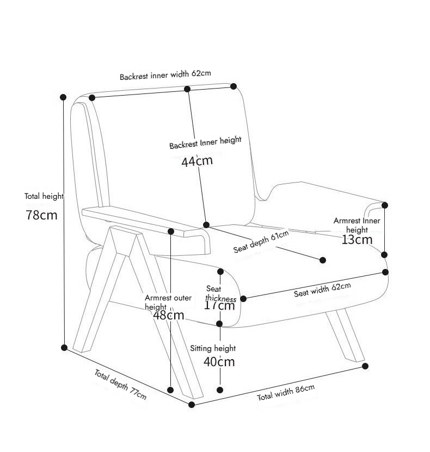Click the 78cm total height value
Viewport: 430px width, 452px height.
(x=41, y=215)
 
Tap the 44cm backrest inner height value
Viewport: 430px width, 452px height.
(x=197, y=161)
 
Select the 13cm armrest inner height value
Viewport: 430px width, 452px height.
(x=357, y=239)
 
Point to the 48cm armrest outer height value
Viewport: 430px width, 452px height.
(x=169, y=315)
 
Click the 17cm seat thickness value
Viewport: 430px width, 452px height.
(x=219, y=305)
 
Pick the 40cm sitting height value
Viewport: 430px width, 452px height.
(x=219, y=362)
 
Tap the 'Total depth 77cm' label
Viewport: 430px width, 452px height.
(x=120, y=384)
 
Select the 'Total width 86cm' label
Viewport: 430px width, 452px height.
(x=286, y=393)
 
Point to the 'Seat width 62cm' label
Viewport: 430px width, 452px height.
(x=322, y=290)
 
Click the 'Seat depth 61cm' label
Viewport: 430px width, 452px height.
(x=261, y=241)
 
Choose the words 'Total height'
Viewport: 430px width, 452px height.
(x=44, y=196)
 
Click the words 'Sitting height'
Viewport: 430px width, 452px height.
(x=213, y=348)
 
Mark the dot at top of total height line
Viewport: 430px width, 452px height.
(x=64, y=97)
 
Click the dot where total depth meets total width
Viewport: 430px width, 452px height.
(x=192, y=405)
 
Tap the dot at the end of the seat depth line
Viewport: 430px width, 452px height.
(x=323, y=261)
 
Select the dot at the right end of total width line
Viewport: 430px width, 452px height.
(x=365, y=366)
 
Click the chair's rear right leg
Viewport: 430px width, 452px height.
(x=345, y=334)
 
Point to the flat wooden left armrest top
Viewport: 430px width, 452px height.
(x=136, y=217)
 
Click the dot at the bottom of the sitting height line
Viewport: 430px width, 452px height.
(x=220, y=390)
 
